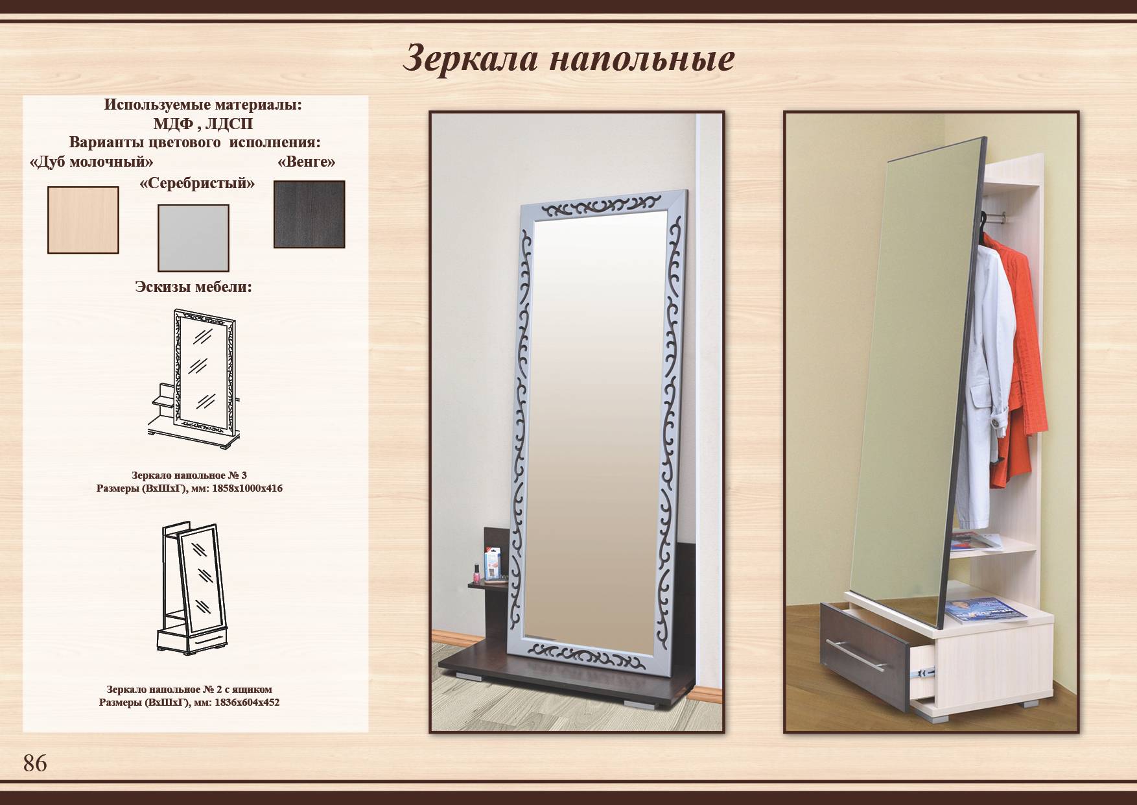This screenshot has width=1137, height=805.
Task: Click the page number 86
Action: pos(35,763)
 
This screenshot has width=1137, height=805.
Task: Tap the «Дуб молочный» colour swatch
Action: pos(83,220)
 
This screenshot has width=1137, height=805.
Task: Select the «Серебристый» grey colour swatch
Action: pos(193,238)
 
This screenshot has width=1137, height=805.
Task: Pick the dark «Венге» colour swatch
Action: pos(309,214)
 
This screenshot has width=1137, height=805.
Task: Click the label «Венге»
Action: pos(306,162)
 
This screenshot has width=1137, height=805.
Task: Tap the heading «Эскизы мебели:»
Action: pos(193,286)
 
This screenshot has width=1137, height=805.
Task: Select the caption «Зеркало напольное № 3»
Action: pos(189,475)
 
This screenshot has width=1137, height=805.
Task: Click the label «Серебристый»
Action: pos(197,184)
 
